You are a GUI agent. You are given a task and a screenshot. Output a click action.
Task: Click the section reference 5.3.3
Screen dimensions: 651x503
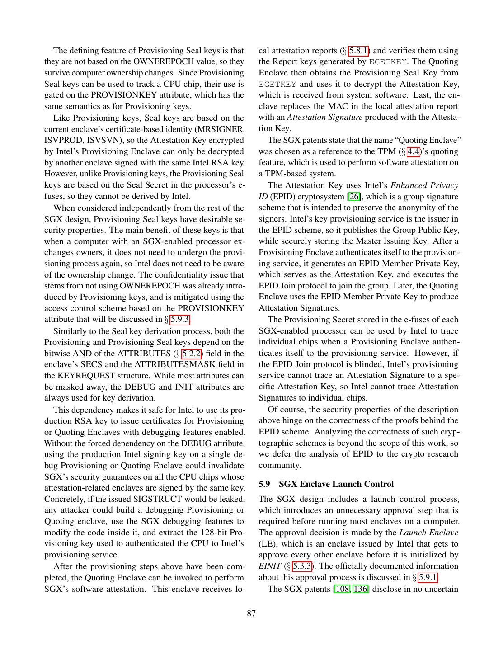(302, 566)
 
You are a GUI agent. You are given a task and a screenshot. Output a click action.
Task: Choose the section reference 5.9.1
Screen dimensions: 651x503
(428, 577)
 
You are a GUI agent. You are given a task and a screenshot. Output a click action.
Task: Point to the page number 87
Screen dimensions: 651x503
(251, 613)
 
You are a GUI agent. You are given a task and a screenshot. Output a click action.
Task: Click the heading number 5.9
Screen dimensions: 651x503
(264, 484)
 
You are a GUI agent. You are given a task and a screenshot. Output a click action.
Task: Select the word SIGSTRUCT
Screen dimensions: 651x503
(158, 499)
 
